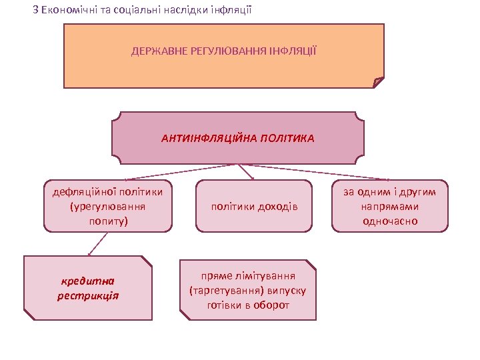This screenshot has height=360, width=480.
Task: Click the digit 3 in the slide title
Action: (35, 11)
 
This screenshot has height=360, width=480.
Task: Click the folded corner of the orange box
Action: (378, 82)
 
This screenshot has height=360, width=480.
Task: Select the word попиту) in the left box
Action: (108, 220)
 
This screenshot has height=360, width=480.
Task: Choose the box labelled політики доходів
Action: (254, 206)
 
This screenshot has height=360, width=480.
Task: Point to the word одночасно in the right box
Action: (390, 221)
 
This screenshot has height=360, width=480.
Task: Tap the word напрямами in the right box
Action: (390, 207)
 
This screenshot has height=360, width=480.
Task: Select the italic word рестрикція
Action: (88, 295)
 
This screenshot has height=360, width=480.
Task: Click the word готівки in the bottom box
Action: (227, 305)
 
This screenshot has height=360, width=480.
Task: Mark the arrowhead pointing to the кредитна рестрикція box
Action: (90, 254)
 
